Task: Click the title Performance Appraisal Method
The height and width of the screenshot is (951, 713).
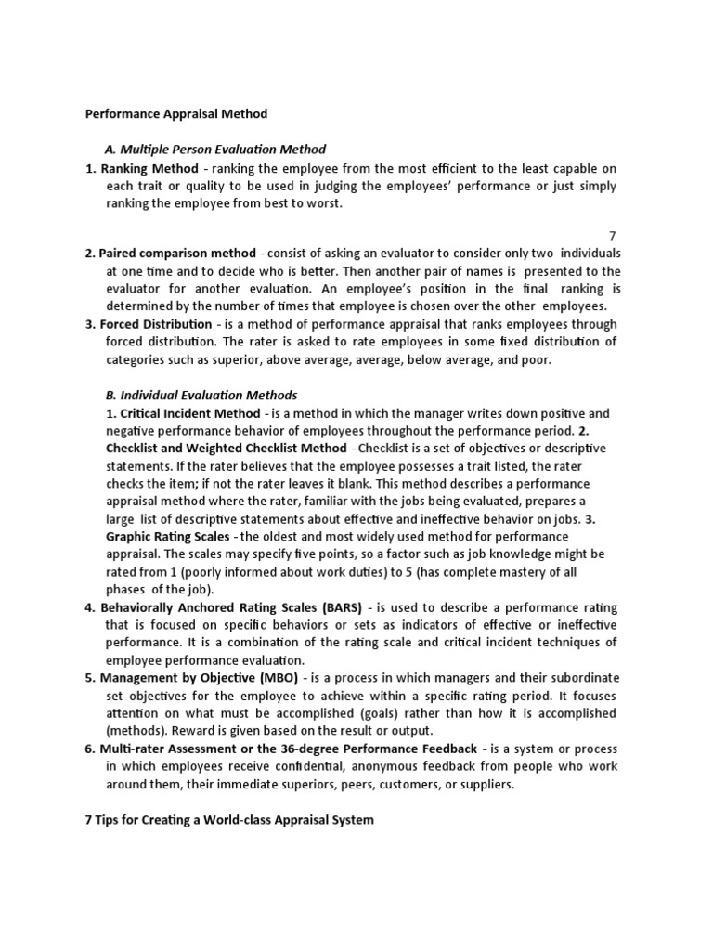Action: pyautogui.click(x=176, y=114)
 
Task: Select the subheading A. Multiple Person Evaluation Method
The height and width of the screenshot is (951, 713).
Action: pyautogui.click(x=214, y=150)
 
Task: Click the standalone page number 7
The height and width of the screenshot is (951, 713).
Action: pyautogui.click(x=613, y=237)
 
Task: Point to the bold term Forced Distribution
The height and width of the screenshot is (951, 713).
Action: pyautogui.click(x=155, y=325)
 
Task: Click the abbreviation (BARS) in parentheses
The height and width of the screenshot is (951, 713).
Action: pyautogui.click(x=341, y=607)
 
